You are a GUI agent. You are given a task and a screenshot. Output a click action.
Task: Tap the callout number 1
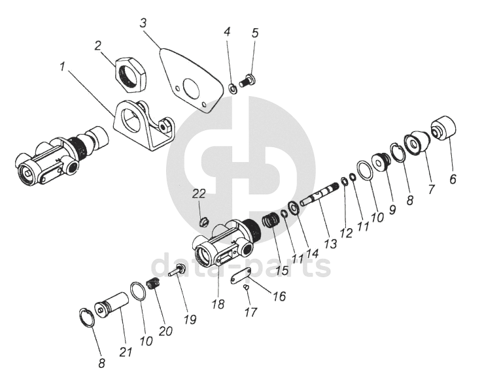pos(62,67)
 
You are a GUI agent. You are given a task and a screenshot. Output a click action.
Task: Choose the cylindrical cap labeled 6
pos(442,128)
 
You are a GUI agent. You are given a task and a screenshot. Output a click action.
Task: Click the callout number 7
pos(431,190)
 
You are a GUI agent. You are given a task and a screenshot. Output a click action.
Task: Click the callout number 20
pos(165,330)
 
